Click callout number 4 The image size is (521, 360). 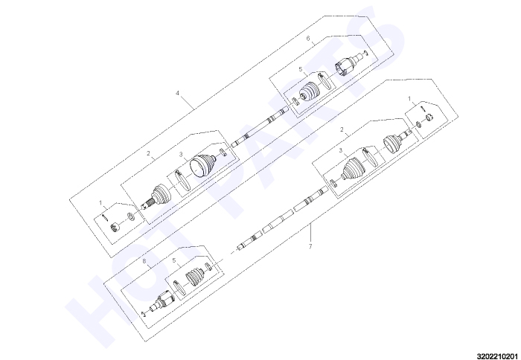[177, 93]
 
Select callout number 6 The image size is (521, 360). [308, 39]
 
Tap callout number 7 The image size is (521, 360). [310, 246]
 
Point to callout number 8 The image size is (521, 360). [144, 262]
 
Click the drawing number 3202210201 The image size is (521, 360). [498, 356]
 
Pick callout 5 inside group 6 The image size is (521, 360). [300, 69]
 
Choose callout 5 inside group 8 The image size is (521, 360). [173, 260]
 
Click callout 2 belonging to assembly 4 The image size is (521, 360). [148, 153]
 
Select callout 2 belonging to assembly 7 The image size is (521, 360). [342, 129]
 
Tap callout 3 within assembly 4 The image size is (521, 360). [181, 155]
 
